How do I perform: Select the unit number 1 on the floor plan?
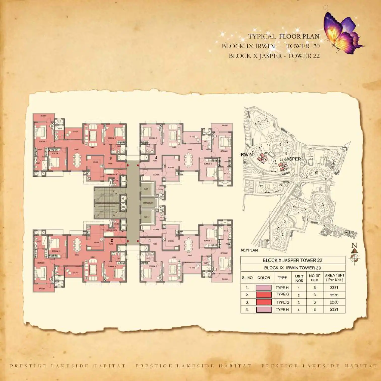tap(150, 240)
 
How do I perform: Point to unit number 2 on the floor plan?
tap(112, 240)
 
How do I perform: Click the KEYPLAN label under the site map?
tap(249, 250)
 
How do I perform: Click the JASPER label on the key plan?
tap(292, 159)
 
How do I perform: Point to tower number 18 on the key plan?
tap(257, 124)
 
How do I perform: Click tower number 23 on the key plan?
tap(261, 186)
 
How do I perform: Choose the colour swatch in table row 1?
tap(264, 288)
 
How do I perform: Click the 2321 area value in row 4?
tap(334, 309)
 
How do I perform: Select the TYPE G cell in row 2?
tap(282, 294)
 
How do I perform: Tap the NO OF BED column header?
tap(314, 278)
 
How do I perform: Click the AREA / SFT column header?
tap(334, 278)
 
